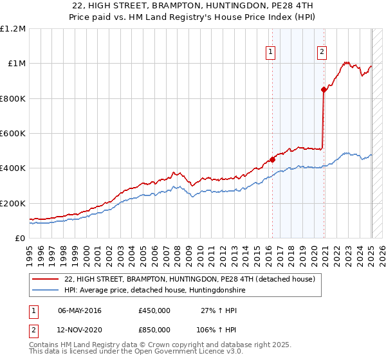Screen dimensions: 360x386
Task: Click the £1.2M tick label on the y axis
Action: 13,29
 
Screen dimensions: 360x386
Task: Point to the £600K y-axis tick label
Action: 13,133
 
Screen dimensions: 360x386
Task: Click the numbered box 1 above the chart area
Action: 270,53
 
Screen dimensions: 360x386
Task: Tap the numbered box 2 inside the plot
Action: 322,53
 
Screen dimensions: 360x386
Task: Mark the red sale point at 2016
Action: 272,159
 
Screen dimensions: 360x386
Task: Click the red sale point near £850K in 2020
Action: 324,90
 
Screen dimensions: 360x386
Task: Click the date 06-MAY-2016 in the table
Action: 80,310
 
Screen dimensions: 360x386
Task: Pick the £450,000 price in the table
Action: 154,310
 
